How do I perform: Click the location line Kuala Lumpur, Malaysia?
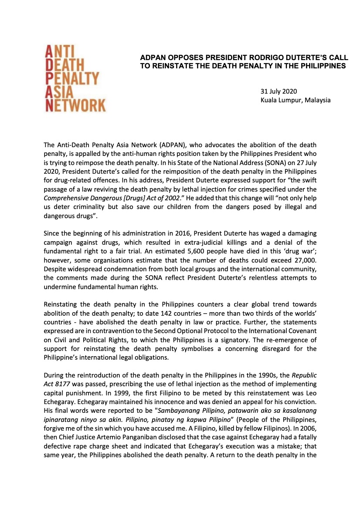pos(295,100)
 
